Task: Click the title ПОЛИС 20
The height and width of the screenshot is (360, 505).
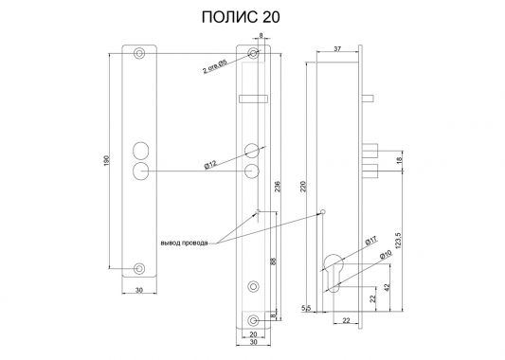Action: [x=241, y=17]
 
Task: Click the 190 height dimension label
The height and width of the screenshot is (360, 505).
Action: [x=107, y=161]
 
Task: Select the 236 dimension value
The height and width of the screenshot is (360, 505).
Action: [x=278, y=187]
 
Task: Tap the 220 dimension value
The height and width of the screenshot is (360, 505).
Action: [x=303, y=187]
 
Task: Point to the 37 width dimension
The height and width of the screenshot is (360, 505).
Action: [x=337, y=49]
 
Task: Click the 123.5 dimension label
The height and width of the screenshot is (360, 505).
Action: [x=397, y=240]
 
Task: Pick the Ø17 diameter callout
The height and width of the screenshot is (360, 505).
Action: [x=371, y=241]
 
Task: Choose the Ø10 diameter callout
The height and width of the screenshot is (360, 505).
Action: [x=386, y=255]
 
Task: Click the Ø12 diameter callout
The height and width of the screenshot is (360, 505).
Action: [x=210, y=165]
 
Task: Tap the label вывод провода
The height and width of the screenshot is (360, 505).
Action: [x=184, y=243]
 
